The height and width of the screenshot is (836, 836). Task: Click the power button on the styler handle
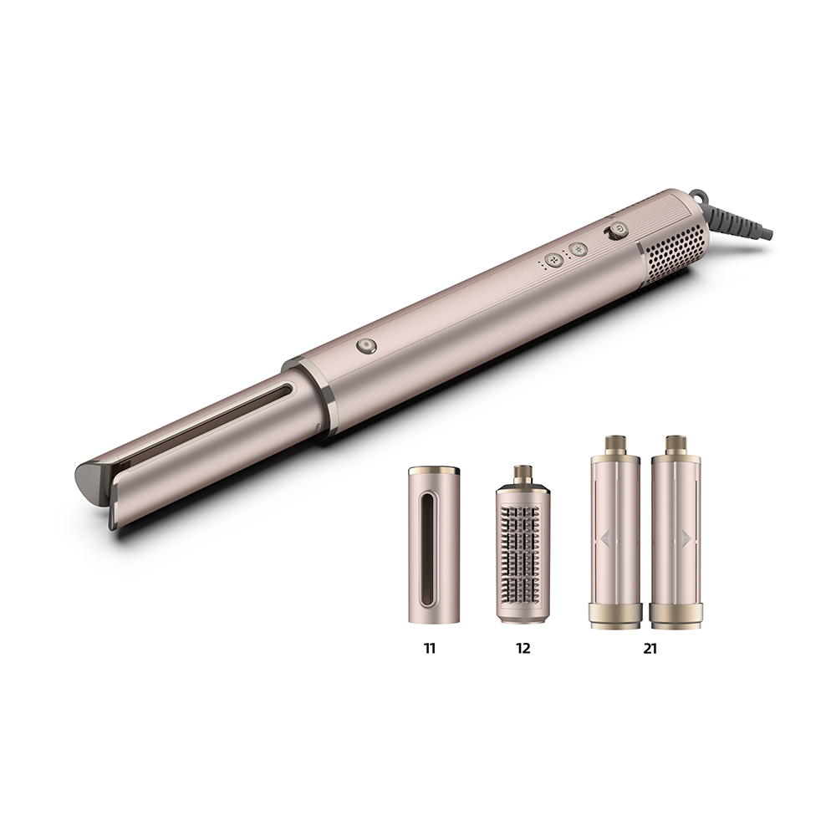[x=619, y=230]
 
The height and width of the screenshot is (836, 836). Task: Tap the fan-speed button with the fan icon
[x=554, y=259]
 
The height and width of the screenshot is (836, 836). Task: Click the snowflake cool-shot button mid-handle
[x=366, y=345]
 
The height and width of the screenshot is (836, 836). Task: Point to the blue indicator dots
[x=541, y=265]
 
